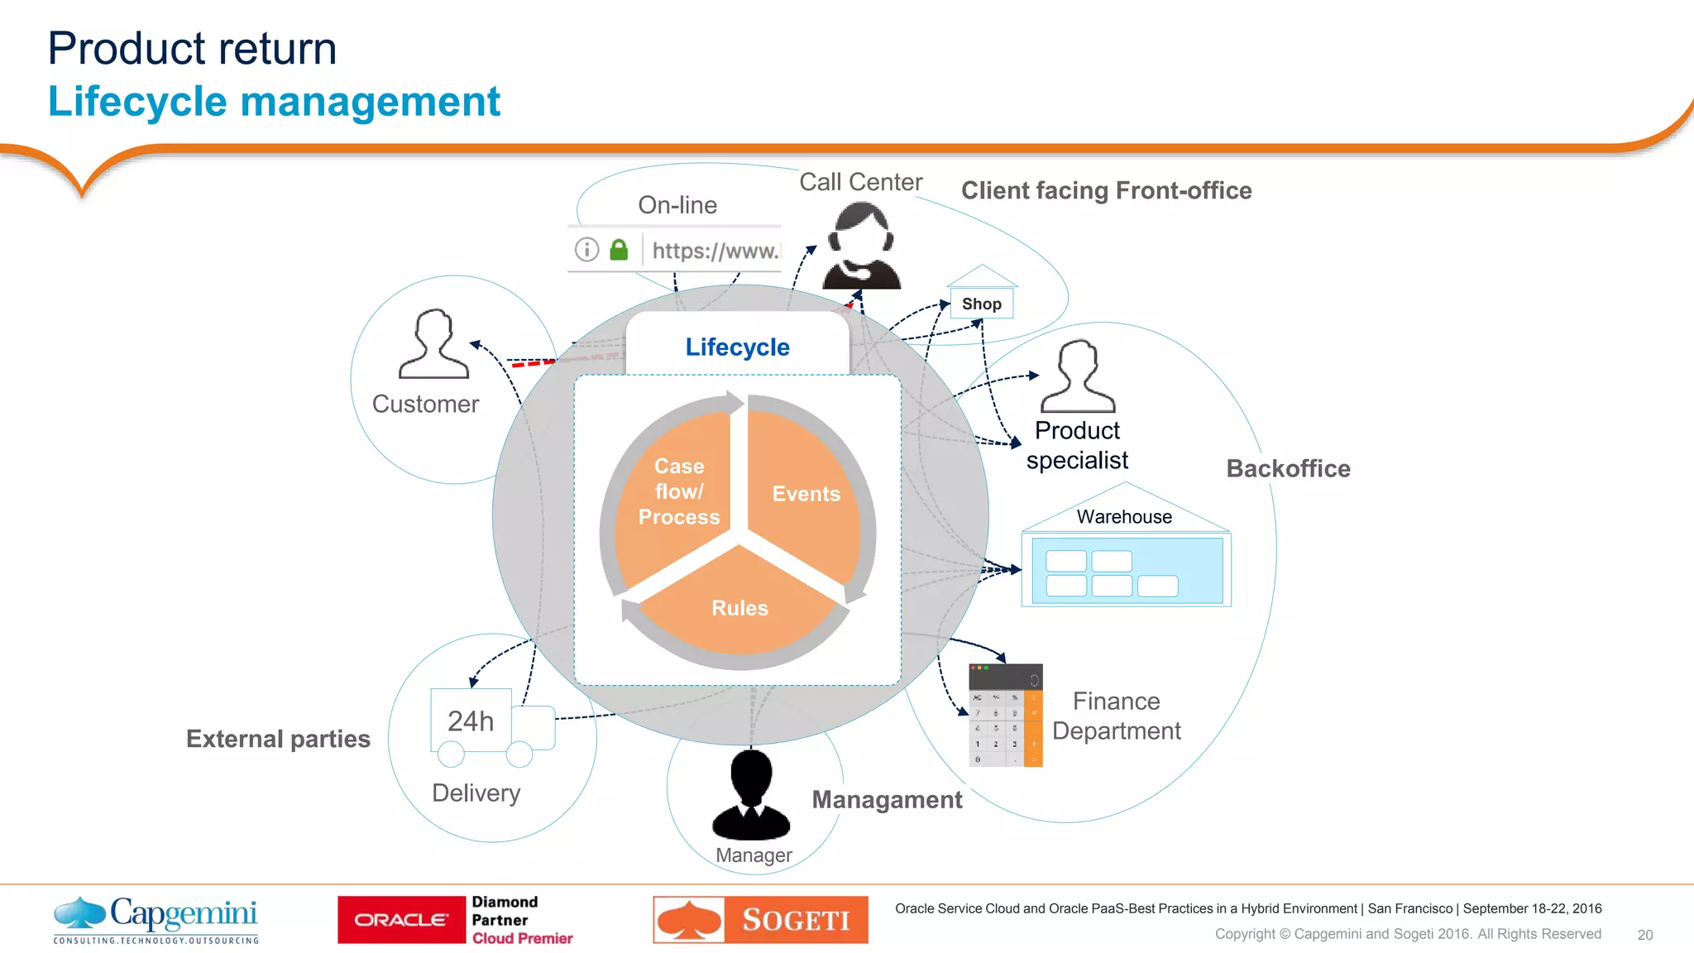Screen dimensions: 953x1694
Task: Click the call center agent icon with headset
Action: [x=861, y=247]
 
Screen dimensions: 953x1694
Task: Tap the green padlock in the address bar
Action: [x=619, y=250]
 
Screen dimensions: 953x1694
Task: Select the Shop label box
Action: [x=981, y=304]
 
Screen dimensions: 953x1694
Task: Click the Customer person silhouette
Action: [x=433, y=345]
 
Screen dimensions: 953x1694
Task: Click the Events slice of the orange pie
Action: [x=805, y=494]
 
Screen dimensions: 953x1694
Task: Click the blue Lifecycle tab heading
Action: [x=737, y=347]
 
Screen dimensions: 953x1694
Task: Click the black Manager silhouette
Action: [x=751, y=795]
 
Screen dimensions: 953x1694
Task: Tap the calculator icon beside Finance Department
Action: [x=1005, y=716]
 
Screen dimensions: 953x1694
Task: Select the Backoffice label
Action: [x=1288, y=469]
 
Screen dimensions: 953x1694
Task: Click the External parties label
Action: [x=278, y=739]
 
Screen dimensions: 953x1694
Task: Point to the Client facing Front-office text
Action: [x=1106, y=191]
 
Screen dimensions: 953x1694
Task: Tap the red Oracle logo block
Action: [x=402, y=920]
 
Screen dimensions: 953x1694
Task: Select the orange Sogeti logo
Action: [x=760, y=920]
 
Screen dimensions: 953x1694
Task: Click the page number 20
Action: [x=1644, y=935]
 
